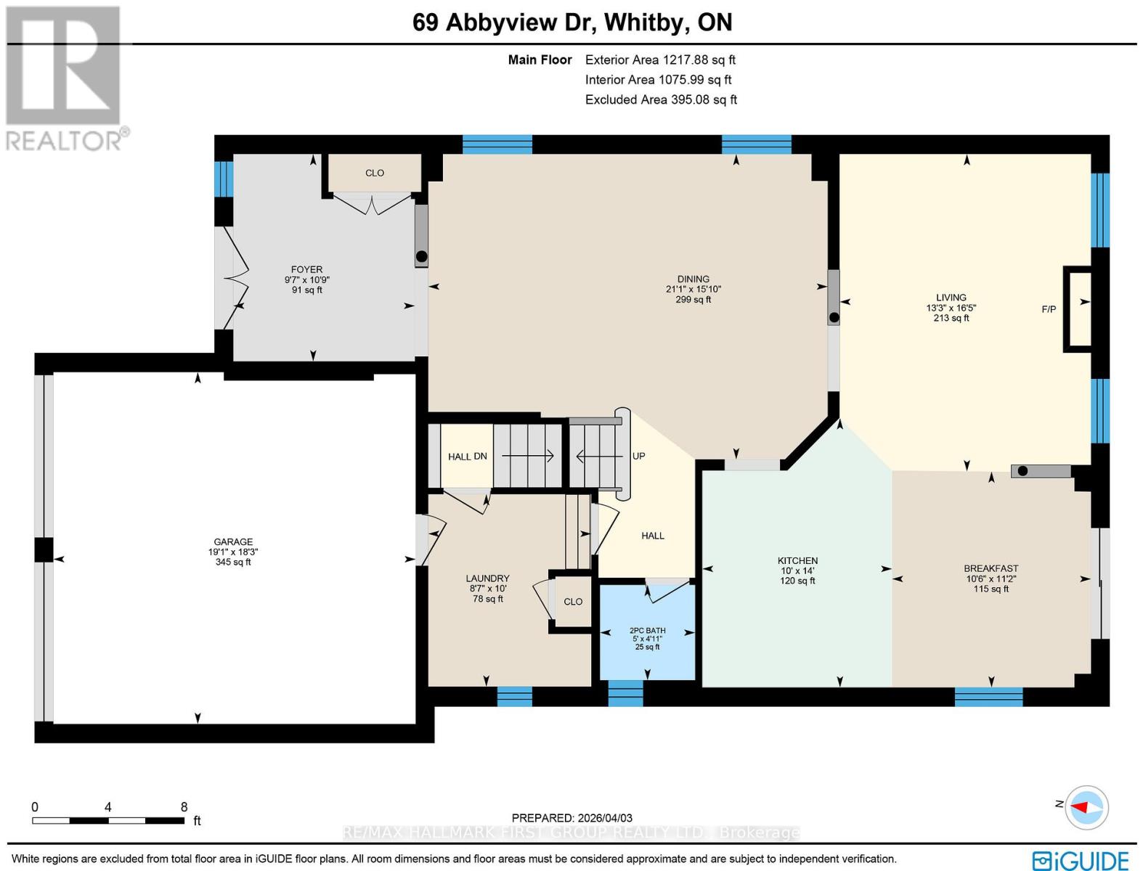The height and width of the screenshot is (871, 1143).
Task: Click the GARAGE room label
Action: point(233,541)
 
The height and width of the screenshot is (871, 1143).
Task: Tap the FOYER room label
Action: point(306,269)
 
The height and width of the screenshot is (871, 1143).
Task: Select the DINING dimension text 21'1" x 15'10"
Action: point(693,289)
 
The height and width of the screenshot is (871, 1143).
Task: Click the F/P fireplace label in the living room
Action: point(1049,309)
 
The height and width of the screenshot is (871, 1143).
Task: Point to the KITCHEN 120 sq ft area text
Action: point(797,581)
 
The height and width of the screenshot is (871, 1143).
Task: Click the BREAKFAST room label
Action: point(991,568)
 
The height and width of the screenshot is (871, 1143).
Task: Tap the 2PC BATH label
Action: point(647,631)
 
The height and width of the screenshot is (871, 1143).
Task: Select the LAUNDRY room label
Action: point(487,578)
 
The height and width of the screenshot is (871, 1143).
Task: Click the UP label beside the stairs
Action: point(638,456)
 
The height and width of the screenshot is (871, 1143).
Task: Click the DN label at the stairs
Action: point(480,457)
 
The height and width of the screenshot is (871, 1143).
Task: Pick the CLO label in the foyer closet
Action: point(375,173)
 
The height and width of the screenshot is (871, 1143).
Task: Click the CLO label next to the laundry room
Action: point(573,602)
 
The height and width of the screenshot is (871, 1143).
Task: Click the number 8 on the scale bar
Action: point(184,807)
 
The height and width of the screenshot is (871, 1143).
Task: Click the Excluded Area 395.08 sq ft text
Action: point(661,99)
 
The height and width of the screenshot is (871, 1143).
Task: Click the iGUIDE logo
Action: point(1080,860)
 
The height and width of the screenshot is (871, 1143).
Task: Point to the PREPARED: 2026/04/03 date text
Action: point(571,818)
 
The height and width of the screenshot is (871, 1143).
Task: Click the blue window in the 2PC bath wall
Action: point(625,693)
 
